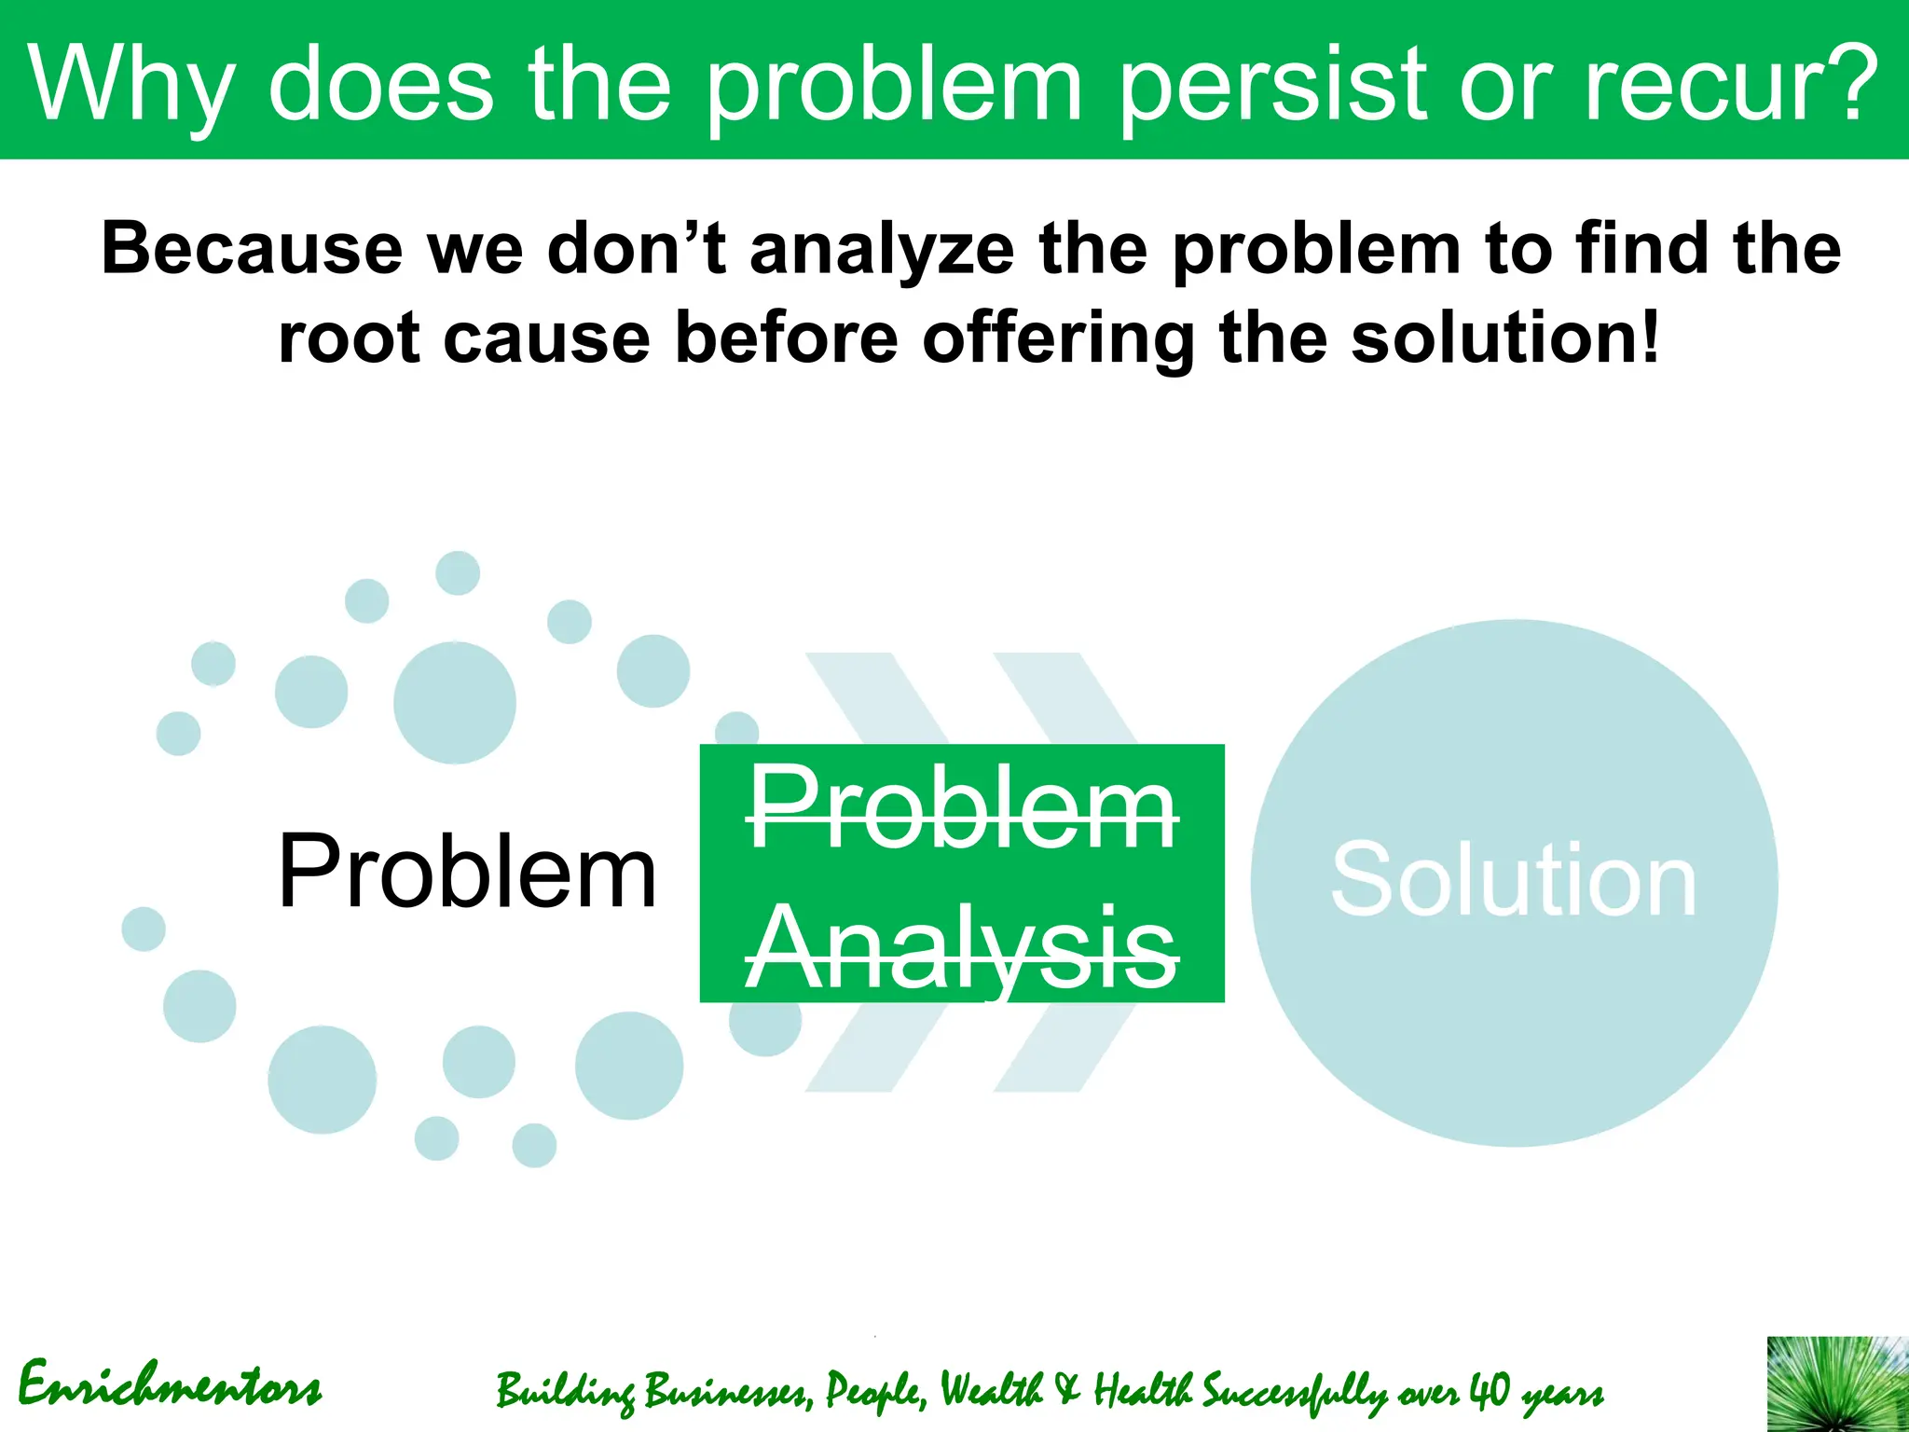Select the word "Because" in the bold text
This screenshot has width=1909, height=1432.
252,249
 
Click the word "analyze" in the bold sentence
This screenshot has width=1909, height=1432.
882,251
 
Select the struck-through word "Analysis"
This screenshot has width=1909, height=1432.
962,949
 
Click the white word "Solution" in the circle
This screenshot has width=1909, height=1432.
1513,880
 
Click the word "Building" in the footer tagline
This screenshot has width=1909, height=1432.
563,1391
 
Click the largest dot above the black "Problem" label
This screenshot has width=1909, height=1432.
454,703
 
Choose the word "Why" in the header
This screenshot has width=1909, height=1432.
130,86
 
